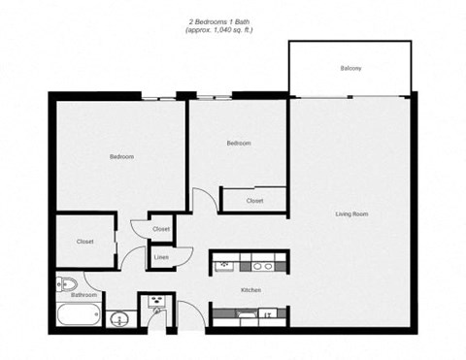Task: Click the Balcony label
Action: point(350,68)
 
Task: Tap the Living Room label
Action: point(351,213)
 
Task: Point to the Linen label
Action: point(161,257)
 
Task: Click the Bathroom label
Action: point(84,294)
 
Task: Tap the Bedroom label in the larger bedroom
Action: point(121,156)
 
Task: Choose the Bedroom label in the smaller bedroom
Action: point(239,144)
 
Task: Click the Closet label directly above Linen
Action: point(161,229)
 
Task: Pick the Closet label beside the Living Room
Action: point(254,201)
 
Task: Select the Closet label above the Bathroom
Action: point(84,242)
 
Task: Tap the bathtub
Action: point(79,315)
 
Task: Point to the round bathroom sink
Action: point(120,318)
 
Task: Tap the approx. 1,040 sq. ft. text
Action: point(219,30)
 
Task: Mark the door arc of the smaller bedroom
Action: point(202,200)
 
